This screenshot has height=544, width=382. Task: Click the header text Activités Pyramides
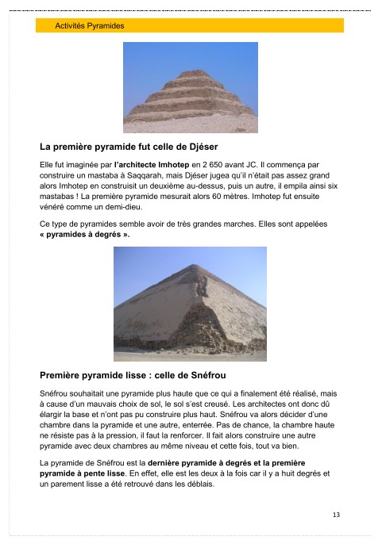coord(90,26)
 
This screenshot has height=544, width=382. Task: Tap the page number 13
coord(337,515)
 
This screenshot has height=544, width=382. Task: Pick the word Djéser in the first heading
coord(199,147)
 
